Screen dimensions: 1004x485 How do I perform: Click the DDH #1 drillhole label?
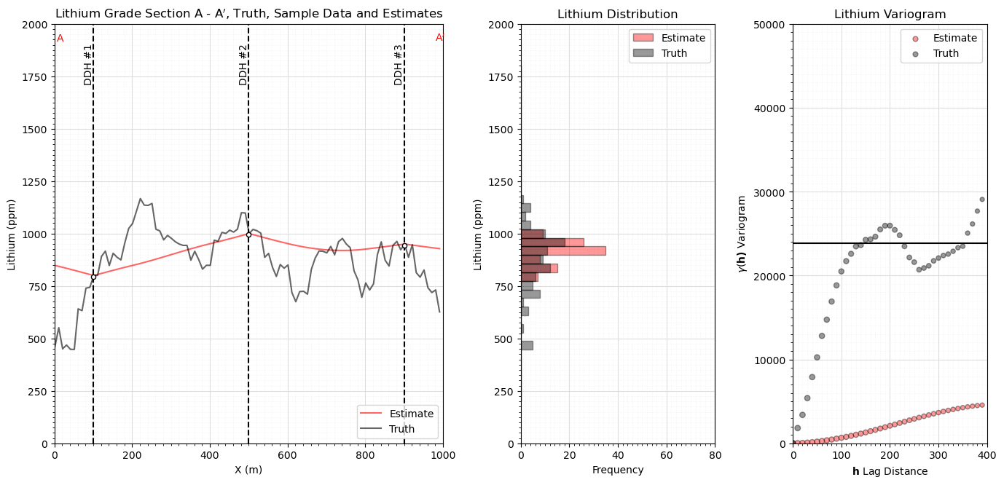point(88,65)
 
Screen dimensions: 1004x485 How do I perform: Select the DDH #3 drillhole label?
point(398,65)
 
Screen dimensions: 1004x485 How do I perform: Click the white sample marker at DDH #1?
point(93,277)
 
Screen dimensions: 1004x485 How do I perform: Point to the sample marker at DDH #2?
point(248,234)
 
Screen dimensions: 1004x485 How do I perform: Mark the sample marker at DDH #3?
point(404,246)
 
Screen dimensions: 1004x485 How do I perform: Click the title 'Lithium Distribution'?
point(618,15)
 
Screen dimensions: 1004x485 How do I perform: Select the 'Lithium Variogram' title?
point(890,15)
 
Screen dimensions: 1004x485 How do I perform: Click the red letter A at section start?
point(60,39)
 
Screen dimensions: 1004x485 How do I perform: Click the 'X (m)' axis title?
point(248,470)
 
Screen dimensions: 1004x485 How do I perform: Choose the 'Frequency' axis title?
point(618,470)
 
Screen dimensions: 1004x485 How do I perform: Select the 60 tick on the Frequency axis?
point(667,455)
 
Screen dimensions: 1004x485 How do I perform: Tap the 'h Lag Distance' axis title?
point(890,471)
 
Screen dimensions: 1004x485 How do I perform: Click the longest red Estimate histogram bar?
point(563,251)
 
